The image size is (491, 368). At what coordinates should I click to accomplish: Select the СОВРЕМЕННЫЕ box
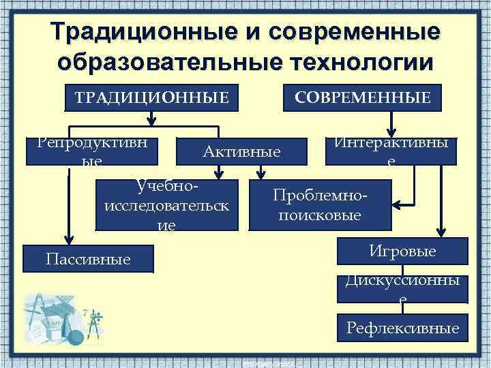click(x=362, y=99)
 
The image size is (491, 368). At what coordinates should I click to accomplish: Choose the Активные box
click(x=241, y=151)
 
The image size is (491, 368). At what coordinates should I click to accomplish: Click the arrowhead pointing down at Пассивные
click(x=67, y=236)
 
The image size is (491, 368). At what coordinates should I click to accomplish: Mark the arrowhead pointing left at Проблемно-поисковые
click(x=399, y=204)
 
